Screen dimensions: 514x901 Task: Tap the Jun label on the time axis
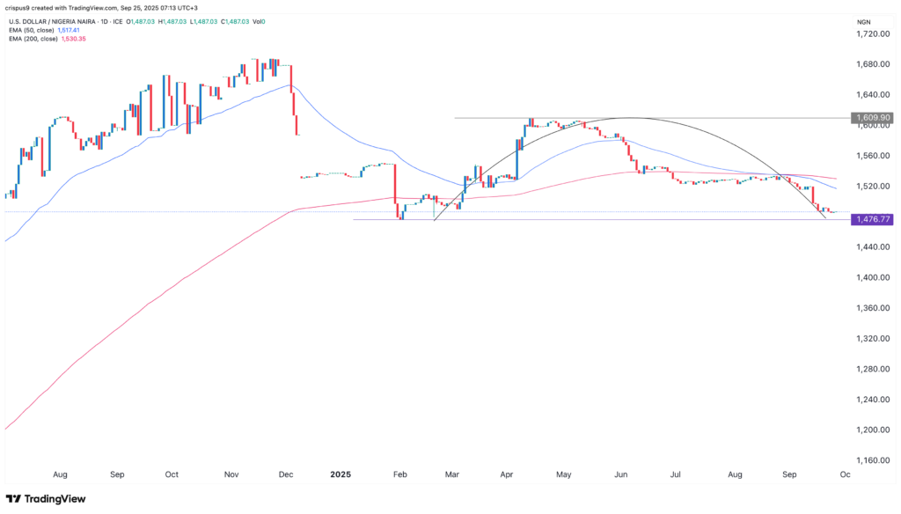(620, 474)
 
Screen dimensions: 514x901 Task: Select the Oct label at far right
(845, 474)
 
